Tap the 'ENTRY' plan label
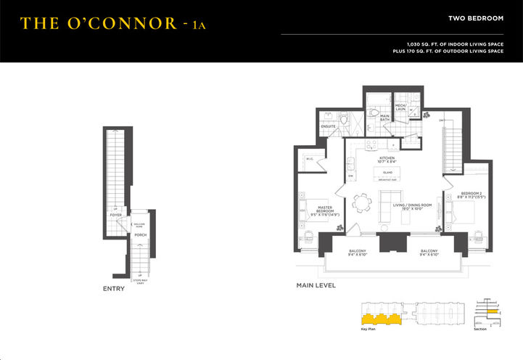pos(113,288)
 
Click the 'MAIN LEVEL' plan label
pos(316,285)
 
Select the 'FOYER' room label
pos(115,215)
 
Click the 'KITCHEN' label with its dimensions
pos(387,160)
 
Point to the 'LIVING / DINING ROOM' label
pos(412,206)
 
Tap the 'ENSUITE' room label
pos(328,126)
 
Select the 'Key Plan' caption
pos(368,329)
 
